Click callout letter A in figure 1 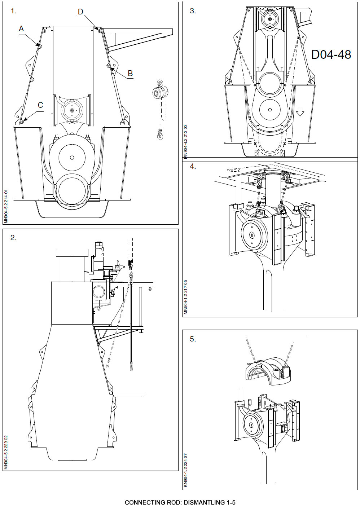click(21, 28)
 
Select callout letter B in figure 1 click(130, 73)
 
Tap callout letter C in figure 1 click(40, 105)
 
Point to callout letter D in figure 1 click(80, 12)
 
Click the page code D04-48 click(331, 54)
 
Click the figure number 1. click(14, 11)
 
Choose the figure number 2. click(14, 238)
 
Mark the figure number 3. click(193, 11)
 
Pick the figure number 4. click(193, 167)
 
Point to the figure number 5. click(193, 339)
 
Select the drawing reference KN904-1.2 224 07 click(185, 468)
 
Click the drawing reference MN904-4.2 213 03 click(185, 141)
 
